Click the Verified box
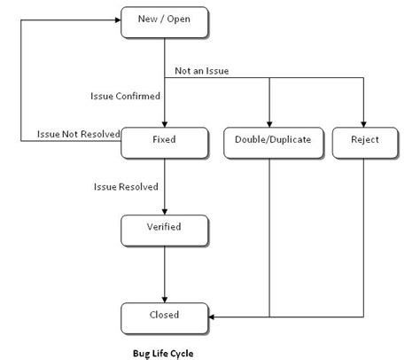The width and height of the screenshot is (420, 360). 164,228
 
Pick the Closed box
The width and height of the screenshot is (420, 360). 164,315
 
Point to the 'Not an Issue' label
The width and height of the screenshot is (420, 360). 202,71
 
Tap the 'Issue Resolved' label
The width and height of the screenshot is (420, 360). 126,187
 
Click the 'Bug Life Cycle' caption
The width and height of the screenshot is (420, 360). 163,353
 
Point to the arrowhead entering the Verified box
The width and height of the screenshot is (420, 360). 164,209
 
